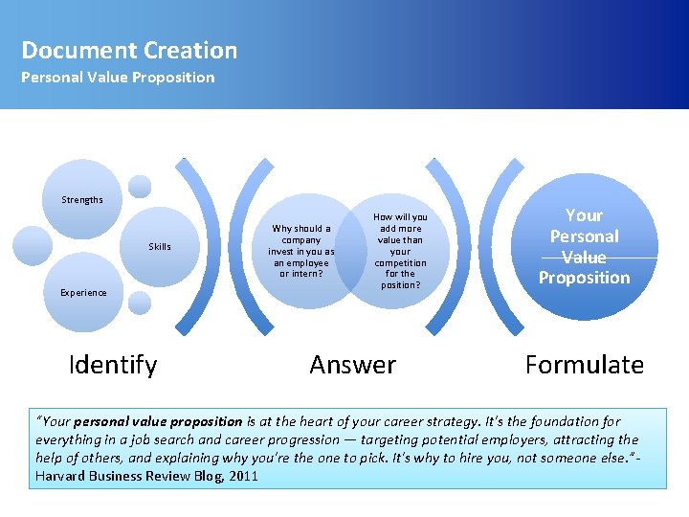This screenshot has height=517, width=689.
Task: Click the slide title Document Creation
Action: coord(129,51)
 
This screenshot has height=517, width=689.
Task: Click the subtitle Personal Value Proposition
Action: coord(118,78)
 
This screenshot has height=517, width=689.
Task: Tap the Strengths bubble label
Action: coord(82,200)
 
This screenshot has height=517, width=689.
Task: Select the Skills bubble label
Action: coord(160,247)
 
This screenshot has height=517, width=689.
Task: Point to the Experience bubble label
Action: coord(83,293)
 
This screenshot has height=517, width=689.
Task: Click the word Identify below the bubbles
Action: coord(113,365)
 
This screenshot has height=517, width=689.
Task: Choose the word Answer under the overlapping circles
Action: coord(352,365)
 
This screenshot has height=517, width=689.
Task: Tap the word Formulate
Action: coord(584,365)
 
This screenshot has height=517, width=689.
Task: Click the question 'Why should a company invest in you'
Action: coord(301,251)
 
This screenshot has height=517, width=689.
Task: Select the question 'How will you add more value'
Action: coord(400,251)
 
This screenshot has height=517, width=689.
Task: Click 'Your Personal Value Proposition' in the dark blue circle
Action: coord(584,247)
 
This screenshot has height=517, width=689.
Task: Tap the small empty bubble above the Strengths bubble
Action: coord(140,186)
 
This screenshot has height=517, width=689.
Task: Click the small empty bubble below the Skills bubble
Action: coord(140,303)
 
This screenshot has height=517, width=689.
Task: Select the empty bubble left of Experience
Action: coord(33,245)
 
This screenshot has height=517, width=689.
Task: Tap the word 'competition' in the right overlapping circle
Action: coord(400,262)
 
